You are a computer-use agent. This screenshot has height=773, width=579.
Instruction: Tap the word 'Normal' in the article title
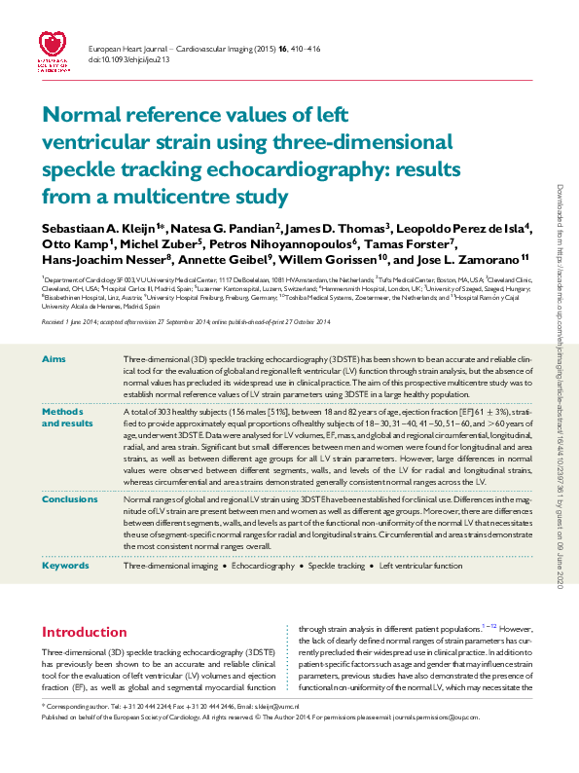(x=81, y=115)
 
